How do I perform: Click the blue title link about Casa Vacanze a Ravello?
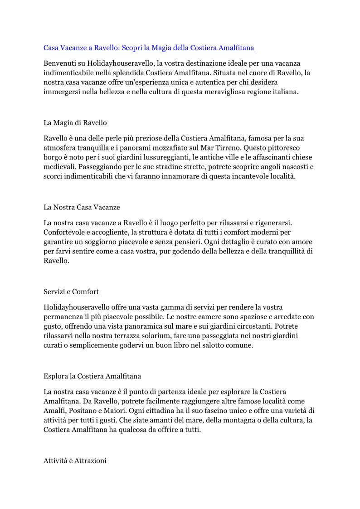149,48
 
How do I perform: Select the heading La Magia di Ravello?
75,123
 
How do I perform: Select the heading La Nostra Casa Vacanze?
82,207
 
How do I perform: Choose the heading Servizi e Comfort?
71,291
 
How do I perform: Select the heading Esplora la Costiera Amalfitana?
92,376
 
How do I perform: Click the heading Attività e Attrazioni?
75,461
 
